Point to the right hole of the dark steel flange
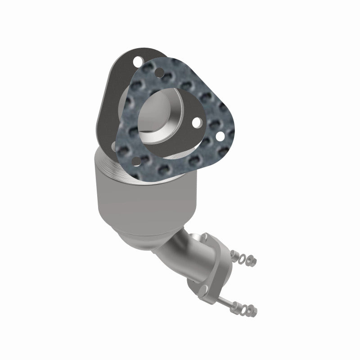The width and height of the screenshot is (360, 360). (x=197, y=122)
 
